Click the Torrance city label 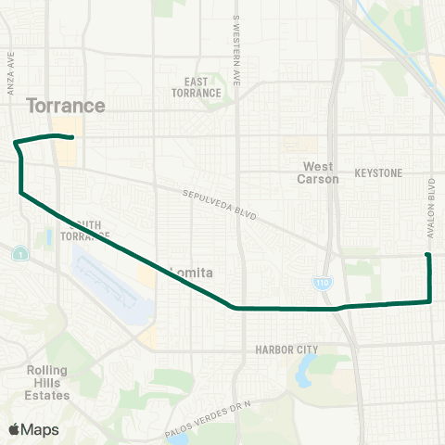click(66, 106)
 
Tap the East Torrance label click(196, 87)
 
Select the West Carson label click(321, 172)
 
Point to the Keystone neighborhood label click(378, 173)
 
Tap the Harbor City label click(286, 350)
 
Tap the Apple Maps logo click(34, 429)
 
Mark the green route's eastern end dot click(427, 255)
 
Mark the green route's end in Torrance click(71, 138)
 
